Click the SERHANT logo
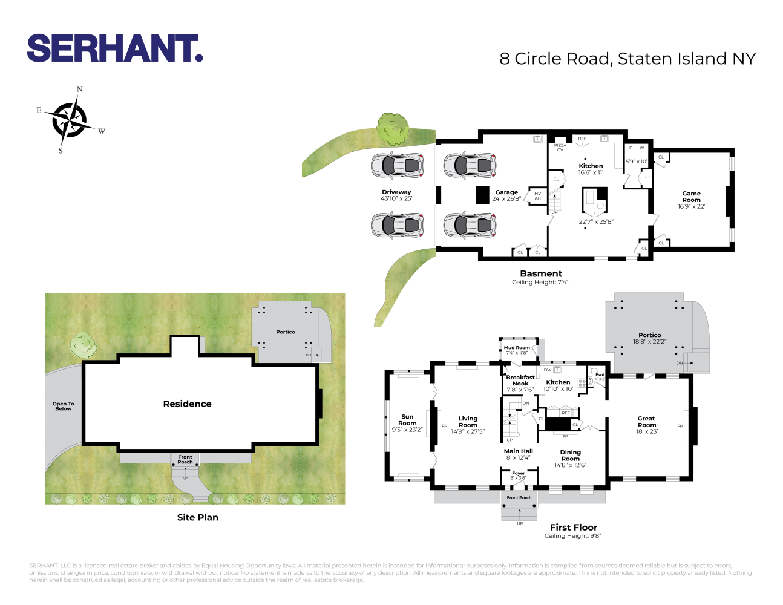[114, 48]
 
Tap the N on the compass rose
[79, 90]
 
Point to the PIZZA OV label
[560, 147]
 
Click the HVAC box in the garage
[537, 196]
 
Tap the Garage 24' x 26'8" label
[506, 195]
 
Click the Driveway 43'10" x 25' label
[396, 195]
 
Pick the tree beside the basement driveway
[392, 128]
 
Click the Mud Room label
[517, 350]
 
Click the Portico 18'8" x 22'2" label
[649, 338]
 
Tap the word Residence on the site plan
[187, 404]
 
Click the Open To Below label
[63, 406]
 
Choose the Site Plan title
[197, 517]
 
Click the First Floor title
[573, 527]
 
